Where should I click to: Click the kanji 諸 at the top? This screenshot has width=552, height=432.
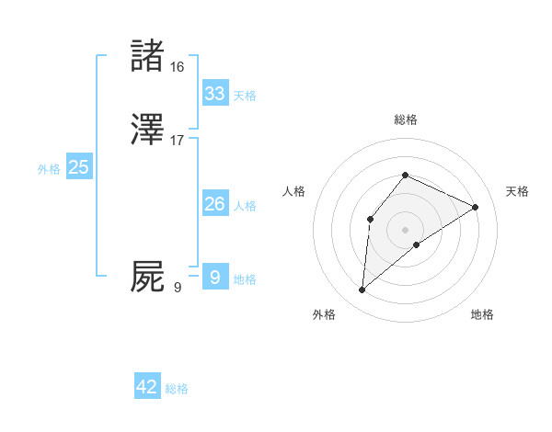tap(147, 57)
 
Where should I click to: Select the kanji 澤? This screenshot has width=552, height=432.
tap(147, 131)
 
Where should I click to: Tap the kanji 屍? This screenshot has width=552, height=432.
tap(147, 277)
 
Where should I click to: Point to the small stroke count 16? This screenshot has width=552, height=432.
tap(178, 67)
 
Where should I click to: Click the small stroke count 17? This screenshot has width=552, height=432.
tap(178, 141)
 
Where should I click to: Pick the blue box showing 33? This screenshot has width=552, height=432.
tap(215, 94)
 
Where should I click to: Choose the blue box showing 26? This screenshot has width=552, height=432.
tap(215, 204)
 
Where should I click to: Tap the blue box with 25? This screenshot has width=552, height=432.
tap(79, 167)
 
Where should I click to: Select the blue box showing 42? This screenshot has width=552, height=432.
tap(147, 387)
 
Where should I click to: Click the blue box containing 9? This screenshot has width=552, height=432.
tap(215, 277)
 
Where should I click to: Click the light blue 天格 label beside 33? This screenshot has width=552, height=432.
tap(245, 96)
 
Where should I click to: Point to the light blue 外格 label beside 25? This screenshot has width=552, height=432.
tap(49, 169)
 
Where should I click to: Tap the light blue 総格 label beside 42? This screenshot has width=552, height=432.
tap(177, 389)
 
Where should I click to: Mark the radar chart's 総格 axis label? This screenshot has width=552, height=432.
tap(405, 119)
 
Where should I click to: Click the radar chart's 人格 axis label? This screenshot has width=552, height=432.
tap(294, 191)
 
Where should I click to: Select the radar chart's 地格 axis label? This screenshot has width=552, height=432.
tap(482, 314)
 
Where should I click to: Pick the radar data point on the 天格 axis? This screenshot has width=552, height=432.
tap(476, 207)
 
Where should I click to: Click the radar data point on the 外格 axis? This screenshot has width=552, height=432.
tap(362, 290)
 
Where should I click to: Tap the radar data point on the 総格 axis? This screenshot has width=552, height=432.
tap(405, 175)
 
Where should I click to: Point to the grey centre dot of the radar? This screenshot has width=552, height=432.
tap(405, 230)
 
